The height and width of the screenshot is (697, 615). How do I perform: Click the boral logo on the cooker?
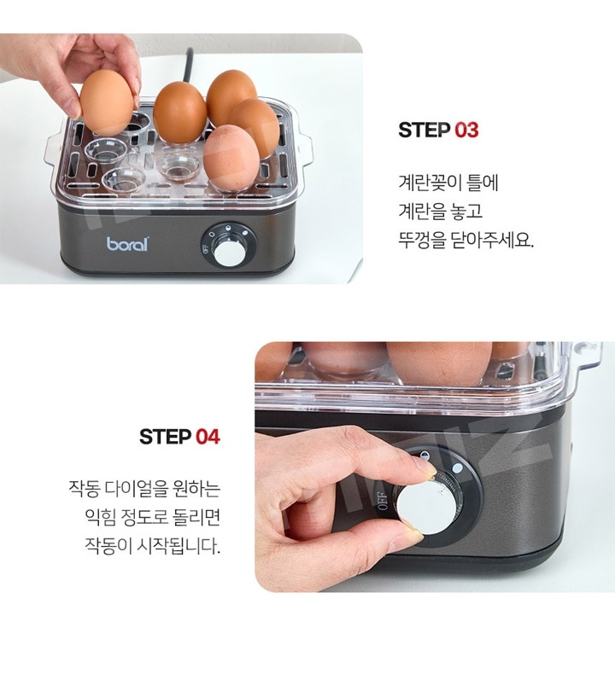[126, 244]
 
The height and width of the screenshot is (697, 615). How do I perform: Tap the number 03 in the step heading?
[466, 131]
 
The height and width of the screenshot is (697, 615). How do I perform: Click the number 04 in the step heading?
[208, 437]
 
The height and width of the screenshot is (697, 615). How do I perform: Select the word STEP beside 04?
[166, 437]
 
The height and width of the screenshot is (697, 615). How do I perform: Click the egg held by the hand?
[107, 102]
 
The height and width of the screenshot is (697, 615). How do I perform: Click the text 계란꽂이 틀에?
[448, 183]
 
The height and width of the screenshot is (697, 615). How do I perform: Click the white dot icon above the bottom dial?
[457, 468]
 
